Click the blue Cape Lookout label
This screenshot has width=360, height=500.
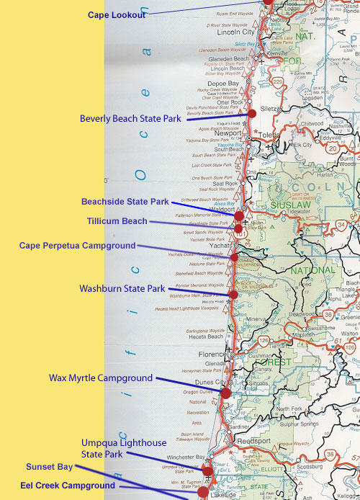117,15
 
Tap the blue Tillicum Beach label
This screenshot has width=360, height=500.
117,221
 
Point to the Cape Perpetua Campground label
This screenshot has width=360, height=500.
77,246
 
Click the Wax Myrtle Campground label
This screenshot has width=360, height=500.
101,378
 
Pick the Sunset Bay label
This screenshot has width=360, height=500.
49,466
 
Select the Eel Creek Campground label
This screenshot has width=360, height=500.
68,486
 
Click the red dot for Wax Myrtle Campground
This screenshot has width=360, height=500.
225,393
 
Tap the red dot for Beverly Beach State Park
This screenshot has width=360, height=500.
252,114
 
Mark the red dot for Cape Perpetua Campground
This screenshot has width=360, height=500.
234,256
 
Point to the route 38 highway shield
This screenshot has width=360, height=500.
330,454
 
